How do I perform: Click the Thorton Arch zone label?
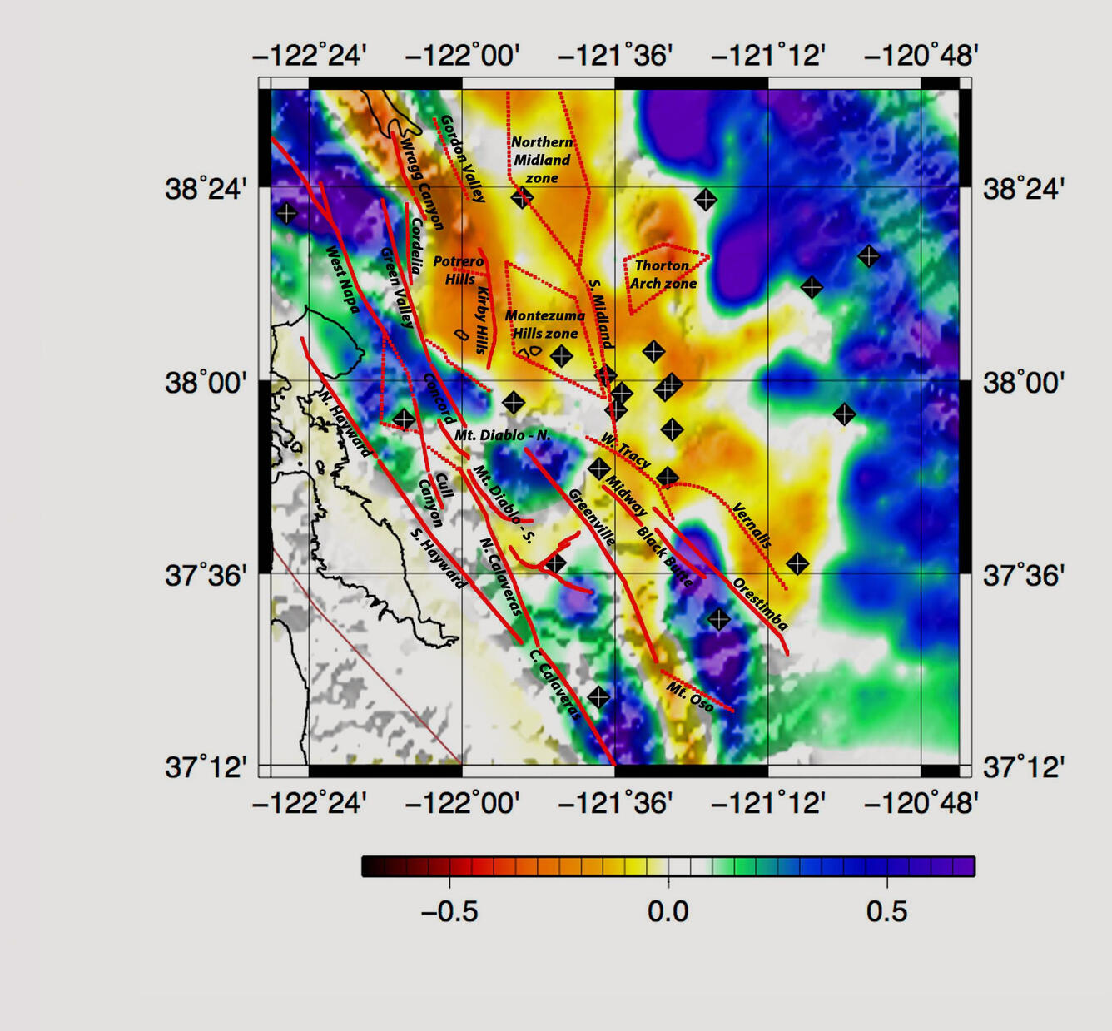coord(663,275)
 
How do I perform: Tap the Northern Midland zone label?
coord(542,160)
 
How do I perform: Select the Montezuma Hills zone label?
coord(544,325)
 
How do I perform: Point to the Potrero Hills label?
coord(459,270)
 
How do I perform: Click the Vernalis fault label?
coord(751,525)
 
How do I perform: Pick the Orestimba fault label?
coord(759,603)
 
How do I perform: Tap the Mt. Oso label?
coord(690,696)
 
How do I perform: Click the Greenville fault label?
coord(592,517)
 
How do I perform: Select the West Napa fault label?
coord(342,280)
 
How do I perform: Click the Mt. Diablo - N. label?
coord(502,435)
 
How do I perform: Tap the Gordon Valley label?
coord(462,159)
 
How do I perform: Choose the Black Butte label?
coord(664,557)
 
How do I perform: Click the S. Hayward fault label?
coord(439,558)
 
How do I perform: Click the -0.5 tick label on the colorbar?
coord(449,911)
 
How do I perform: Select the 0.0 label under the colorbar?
coord(668,911)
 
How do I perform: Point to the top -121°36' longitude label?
coord(615,56)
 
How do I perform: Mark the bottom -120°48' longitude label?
coord(921,803)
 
